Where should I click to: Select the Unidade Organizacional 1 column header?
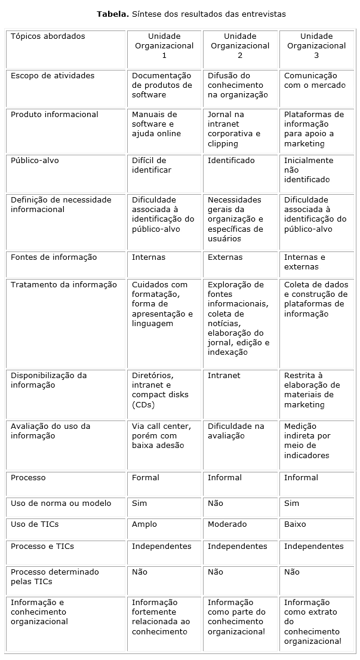point(164,46)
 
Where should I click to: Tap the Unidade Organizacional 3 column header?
point(316,46)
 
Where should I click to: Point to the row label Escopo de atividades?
point(53,76)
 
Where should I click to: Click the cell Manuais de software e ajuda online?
point(156,124)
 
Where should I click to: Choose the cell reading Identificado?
point(231,161)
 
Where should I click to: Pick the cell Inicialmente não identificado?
point(309,170)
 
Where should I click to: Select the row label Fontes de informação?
point(54,257)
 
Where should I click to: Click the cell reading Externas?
point(225,257)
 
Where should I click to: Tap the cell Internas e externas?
point(304,262)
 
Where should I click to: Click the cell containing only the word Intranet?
point(224,376)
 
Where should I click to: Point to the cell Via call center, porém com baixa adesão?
point(161,436)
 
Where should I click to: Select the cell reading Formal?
point(146,478)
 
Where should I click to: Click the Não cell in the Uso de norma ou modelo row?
point(216,504)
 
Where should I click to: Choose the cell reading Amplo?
point(144,524)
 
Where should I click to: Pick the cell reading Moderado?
point(227,524)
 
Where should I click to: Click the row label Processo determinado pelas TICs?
point(55,577)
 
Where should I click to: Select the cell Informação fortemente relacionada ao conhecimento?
point(161,617)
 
